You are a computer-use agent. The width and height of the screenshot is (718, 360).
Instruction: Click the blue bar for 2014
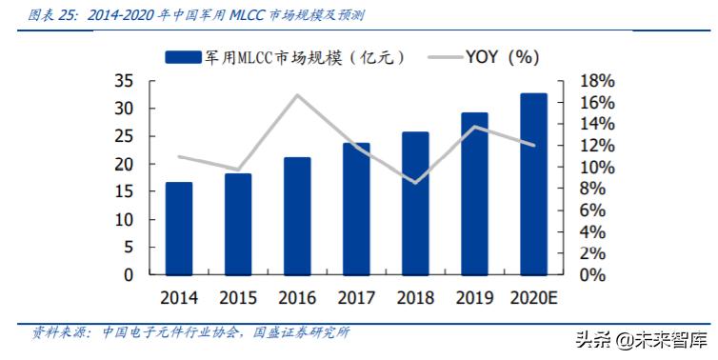pyautogui.click(x=179, y=229)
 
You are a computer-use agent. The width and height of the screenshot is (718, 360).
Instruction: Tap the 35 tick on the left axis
pyautogui.click(x=124, y=82)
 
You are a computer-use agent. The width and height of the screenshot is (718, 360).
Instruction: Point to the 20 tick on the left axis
pyautogui.click(x=124, y=165)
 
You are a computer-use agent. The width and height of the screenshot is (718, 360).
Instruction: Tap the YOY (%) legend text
pyautogui.click(x=504, y=57)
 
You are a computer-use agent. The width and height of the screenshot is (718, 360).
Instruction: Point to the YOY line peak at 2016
pyautogui.click(x=297, y=95)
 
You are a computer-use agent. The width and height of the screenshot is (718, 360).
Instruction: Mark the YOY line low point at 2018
pyautogui.click(x=415, y=182)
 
